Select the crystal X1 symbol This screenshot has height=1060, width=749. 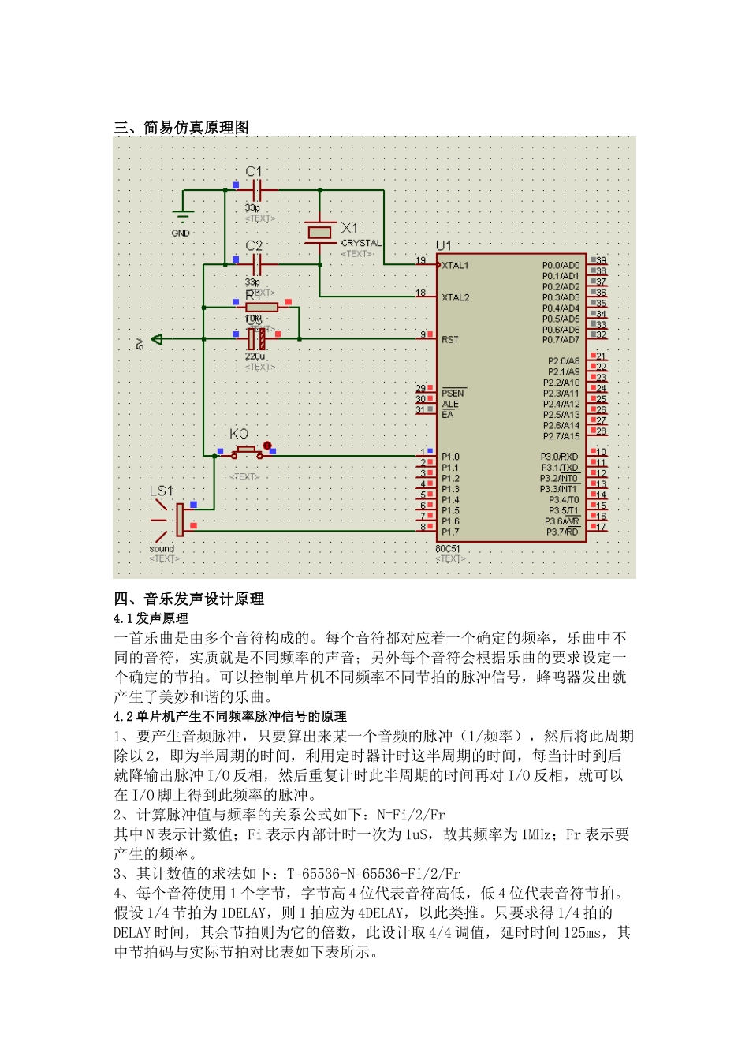tap(319, 232)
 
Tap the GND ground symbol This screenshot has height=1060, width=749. tap(182, 218)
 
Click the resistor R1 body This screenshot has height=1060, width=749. tap(261, 307)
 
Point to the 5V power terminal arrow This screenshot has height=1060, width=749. tap(157, 339)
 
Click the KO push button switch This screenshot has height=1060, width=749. tap(246, 452)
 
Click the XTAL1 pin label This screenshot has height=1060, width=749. tap(455, 266)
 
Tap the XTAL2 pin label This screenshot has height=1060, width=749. tap(455, 298)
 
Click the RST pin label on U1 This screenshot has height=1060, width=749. tap(449, 340)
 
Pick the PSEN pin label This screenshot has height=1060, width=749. tap(453, 393)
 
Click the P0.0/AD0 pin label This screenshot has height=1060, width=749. tap(561, 266)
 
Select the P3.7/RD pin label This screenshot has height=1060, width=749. tap(562, 532)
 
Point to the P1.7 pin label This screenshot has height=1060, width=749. tap(449, 532)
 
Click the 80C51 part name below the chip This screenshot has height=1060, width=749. tap(447, 548)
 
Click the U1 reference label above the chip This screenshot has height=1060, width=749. tap(444, 246)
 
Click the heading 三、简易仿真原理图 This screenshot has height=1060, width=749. tap(181, 128)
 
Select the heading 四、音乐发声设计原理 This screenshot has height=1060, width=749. tap(188, 599)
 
